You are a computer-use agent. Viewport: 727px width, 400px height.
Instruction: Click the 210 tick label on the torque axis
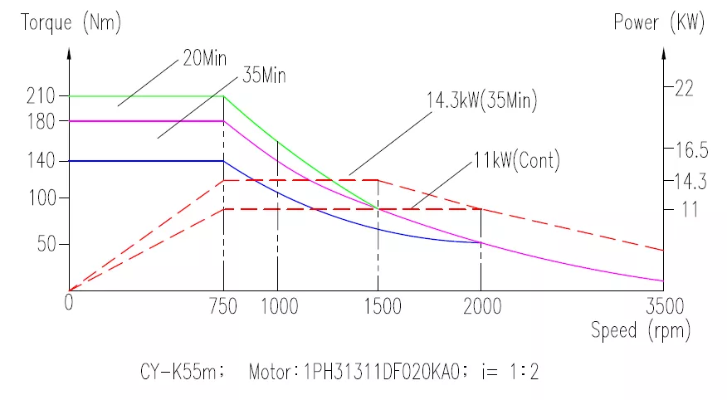click(x=41, y=96)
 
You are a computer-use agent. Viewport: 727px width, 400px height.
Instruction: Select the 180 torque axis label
click(x=41, y=121)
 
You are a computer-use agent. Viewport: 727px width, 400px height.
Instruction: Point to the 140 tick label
click(x=41, y=161)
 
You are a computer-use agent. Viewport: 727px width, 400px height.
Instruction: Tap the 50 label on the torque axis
click(x=46, y=244)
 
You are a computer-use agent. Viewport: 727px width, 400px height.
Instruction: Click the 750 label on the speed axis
click(x=223, y=306)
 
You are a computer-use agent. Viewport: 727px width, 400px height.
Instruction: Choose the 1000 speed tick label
click(x=279, y=306)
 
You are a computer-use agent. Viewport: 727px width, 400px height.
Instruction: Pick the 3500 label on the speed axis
click(x=665, y=306)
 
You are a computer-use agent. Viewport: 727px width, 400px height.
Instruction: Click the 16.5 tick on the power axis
click(x=691, y=150)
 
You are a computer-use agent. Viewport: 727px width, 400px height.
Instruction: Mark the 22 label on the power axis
click(x=684, y=88)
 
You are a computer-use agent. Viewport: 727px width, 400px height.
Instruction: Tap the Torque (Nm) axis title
click(x=71, y=22)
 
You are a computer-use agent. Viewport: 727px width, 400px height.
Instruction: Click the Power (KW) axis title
click(x=659, y=22)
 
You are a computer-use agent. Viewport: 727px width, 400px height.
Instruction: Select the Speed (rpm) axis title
click(x=641, y=330)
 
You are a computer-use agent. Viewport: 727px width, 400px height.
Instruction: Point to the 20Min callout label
click(x=204, y=58)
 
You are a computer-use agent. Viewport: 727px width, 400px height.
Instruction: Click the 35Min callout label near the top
click(x=264, y=75)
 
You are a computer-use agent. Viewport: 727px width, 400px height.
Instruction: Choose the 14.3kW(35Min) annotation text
click(x=481, y=100)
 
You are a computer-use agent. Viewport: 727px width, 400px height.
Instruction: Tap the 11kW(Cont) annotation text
click(x=516, y=160)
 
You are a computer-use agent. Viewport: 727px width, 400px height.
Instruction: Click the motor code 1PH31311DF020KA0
click(x=382, y=372)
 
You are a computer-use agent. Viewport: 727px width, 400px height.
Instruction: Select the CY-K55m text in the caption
click(x=178, y=372)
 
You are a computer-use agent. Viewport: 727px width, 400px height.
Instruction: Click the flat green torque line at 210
click(x=147, y=96)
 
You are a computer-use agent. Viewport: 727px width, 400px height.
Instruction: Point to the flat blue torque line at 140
click(x=147, y=161)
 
